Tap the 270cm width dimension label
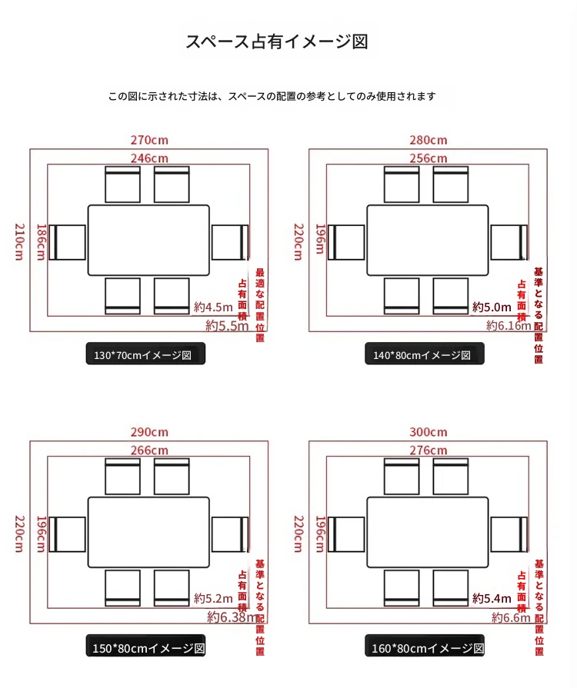coord(149,140)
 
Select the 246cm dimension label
coord(149,158)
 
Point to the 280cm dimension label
coord(428,140)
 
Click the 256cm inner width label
coord(428,158)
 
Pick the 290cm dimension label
coord(149,432)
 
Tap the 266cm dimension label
coord(149,450)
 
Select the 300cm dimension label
coord(428,432)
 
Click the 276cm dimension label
coord(428,450)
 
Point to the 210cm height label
coord(19,241)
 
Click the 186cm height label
coord(41,241)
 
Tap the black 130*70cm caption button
coord(145,354)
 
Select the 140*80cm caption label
coord(424,354)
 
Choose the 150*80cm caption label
coord(145,648)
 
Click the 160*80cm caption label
coord(424,648)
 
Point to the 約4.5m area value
coord(213,307)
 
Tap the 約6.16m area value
coord(509,325)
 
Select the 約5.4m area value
coord(492,598)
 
